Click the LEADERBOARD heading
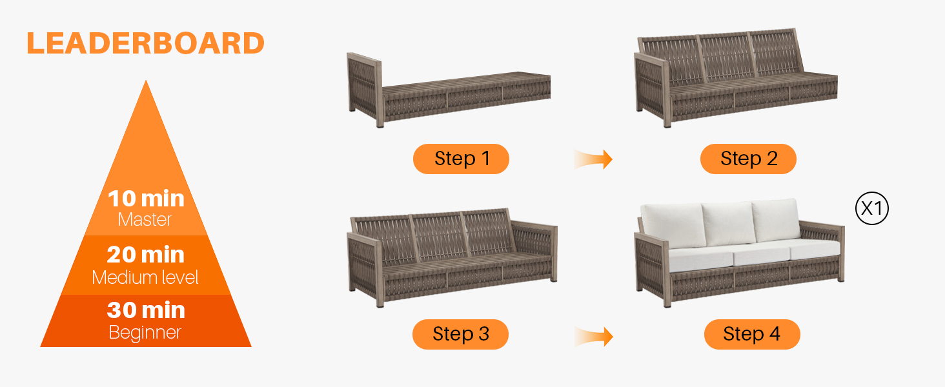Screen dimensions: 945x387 click(x=145, y=43)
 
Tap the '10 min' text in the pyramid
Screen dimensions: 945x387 click(x=146, y=199)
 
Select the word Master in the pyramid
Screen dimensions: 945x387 click(x=145, y=220)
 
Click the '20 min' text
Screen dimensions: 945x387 click(x=145, y=255)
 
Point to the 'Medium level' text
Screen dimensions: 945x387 click(x=145, y=277)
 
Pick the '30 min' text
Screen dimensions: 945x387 click(x=146, y=310)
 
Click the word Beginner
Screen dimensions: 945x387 click(x=145, y=333)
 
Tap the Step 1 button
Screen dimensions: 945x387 click(x=461, y=159)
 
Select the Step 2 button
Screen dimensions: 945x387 click(x=748, y=159)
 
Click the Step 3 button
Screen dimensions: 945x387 click(x=461, y=334)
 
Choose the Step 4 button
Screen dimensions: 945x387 click(x=752, y=334)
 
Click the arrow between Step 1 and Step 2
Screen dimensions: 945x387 click(x=593, y=159)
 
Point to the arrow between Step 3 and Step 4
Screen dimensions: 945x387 click(x=594, y=337)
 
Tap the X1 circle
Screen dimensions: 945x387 click(x=872, y=208)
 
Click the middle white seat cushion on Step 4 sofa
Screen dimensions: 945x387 click(x=761, y=254)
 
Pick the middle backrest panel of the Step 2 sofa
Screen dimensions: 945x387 click(x=726, y=57)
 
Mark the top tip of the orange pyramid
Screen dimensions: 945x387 click(x=146, y=80)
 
